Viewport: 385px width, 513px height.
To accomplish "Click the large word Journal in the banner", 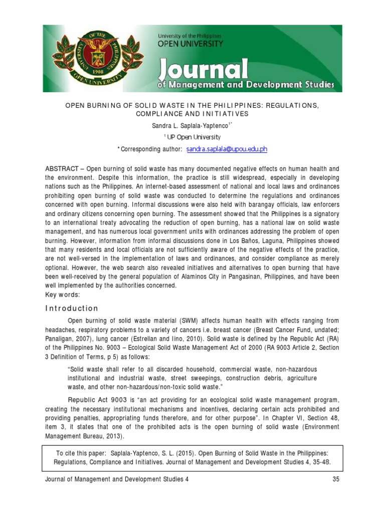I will click(203, 69).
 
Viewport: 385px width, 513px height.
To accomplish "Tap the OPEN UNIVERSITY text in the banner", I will click(190, 44).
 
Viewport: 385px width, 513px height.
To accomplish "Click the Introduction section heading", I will click(72, 308).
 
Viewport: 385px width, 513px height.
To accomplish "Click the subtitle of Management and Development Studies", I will click(246, 85).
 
